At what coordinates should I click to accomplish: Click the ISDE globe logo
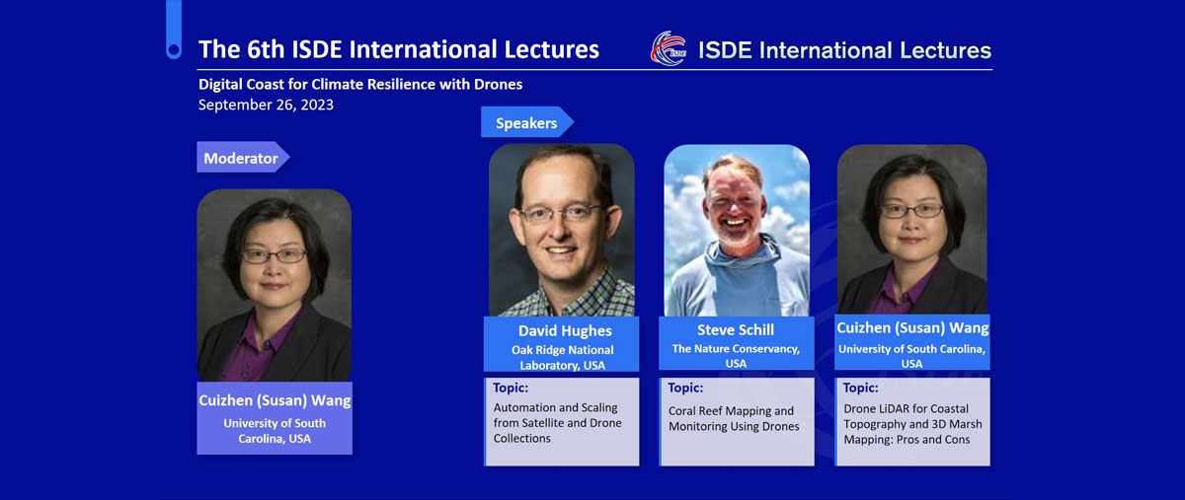(x=669, y=48)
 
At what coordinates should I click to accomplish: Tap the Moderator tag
(x=243, y=157)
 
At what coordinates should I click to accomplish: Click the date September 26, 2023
(x=266, y=105)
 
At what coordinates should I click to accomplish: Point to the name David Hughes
(x=565, y=330)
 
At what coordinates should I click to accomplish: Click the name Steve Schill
(x=736, y=329)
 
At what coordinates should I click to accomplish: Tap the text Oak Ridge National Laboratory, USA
(x=562, y=357)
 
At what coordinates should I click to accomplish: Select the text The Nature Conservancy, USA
(x=736, y=356)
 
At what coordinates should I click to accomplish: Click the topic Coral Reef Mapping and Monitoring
(x=734, y=418)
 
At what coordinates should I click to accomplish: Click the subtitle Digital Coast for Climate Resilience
(x=360, y=84)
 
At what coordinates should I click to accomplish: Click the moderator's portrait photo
(x=275, y=285)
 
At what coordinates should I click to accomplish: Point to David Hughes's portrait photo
(x=561, y=230)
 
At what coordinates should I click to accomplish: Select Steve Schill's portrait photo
(x=737, y=230)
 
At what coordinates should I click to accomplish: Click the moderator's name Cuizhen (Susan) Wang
(x=275, y=400)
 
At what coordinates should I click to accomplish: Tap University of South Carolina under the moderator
(x=275, y=431)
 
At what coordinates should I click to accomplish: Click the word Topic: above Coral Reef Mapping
(x=685, y=388)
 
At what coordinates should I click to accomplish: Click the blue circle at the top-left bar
(x=174, y=50)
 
